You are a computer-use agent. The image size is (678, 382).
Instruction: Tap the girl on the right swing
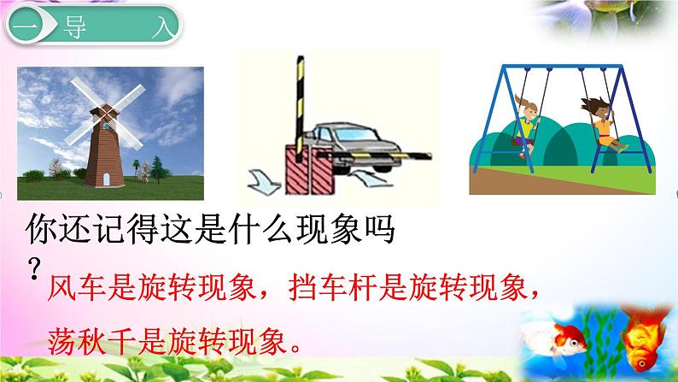pyautogui.click(x=602, y=120)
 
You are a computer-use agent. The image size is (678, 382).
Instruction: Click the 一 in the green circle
pyautogui.click(x=23, y=26)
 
